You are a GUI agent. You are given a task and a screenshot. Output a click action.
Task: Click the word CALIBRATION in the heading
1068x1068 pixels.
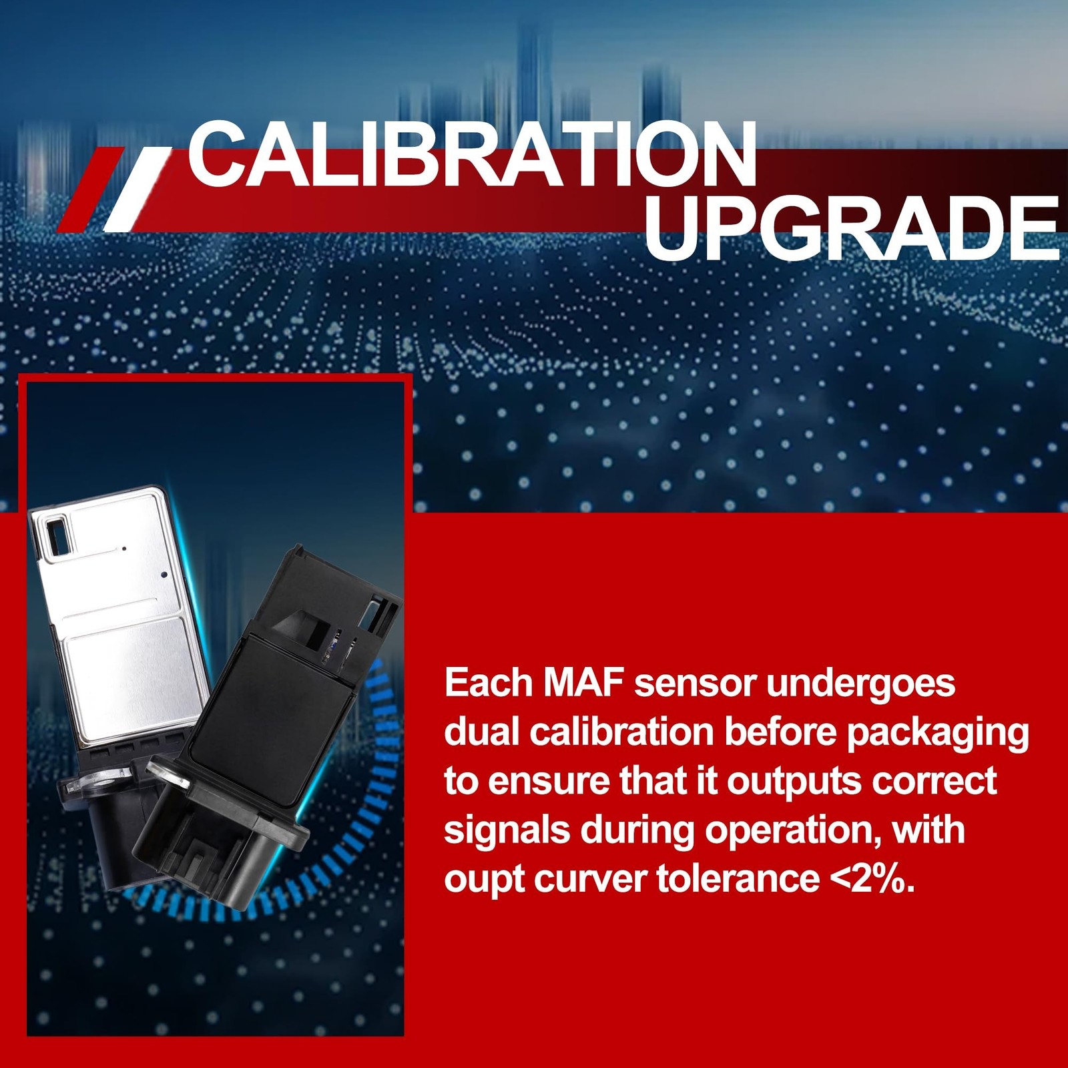(472, 155)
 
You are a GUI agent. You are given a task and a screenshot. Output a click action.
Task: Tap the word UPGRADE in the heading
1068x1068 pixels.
(852, 229)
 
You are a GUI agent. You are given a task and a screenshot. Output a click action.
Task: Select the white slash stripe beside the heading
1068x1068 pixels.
(138, 190)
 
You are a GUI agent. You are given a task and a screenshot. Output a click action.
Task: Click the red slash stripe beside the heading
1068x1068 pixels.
(90, 190)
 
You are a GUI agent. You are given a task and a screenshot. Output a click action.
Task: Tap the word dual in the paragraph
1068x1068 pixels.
(482, 732)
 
